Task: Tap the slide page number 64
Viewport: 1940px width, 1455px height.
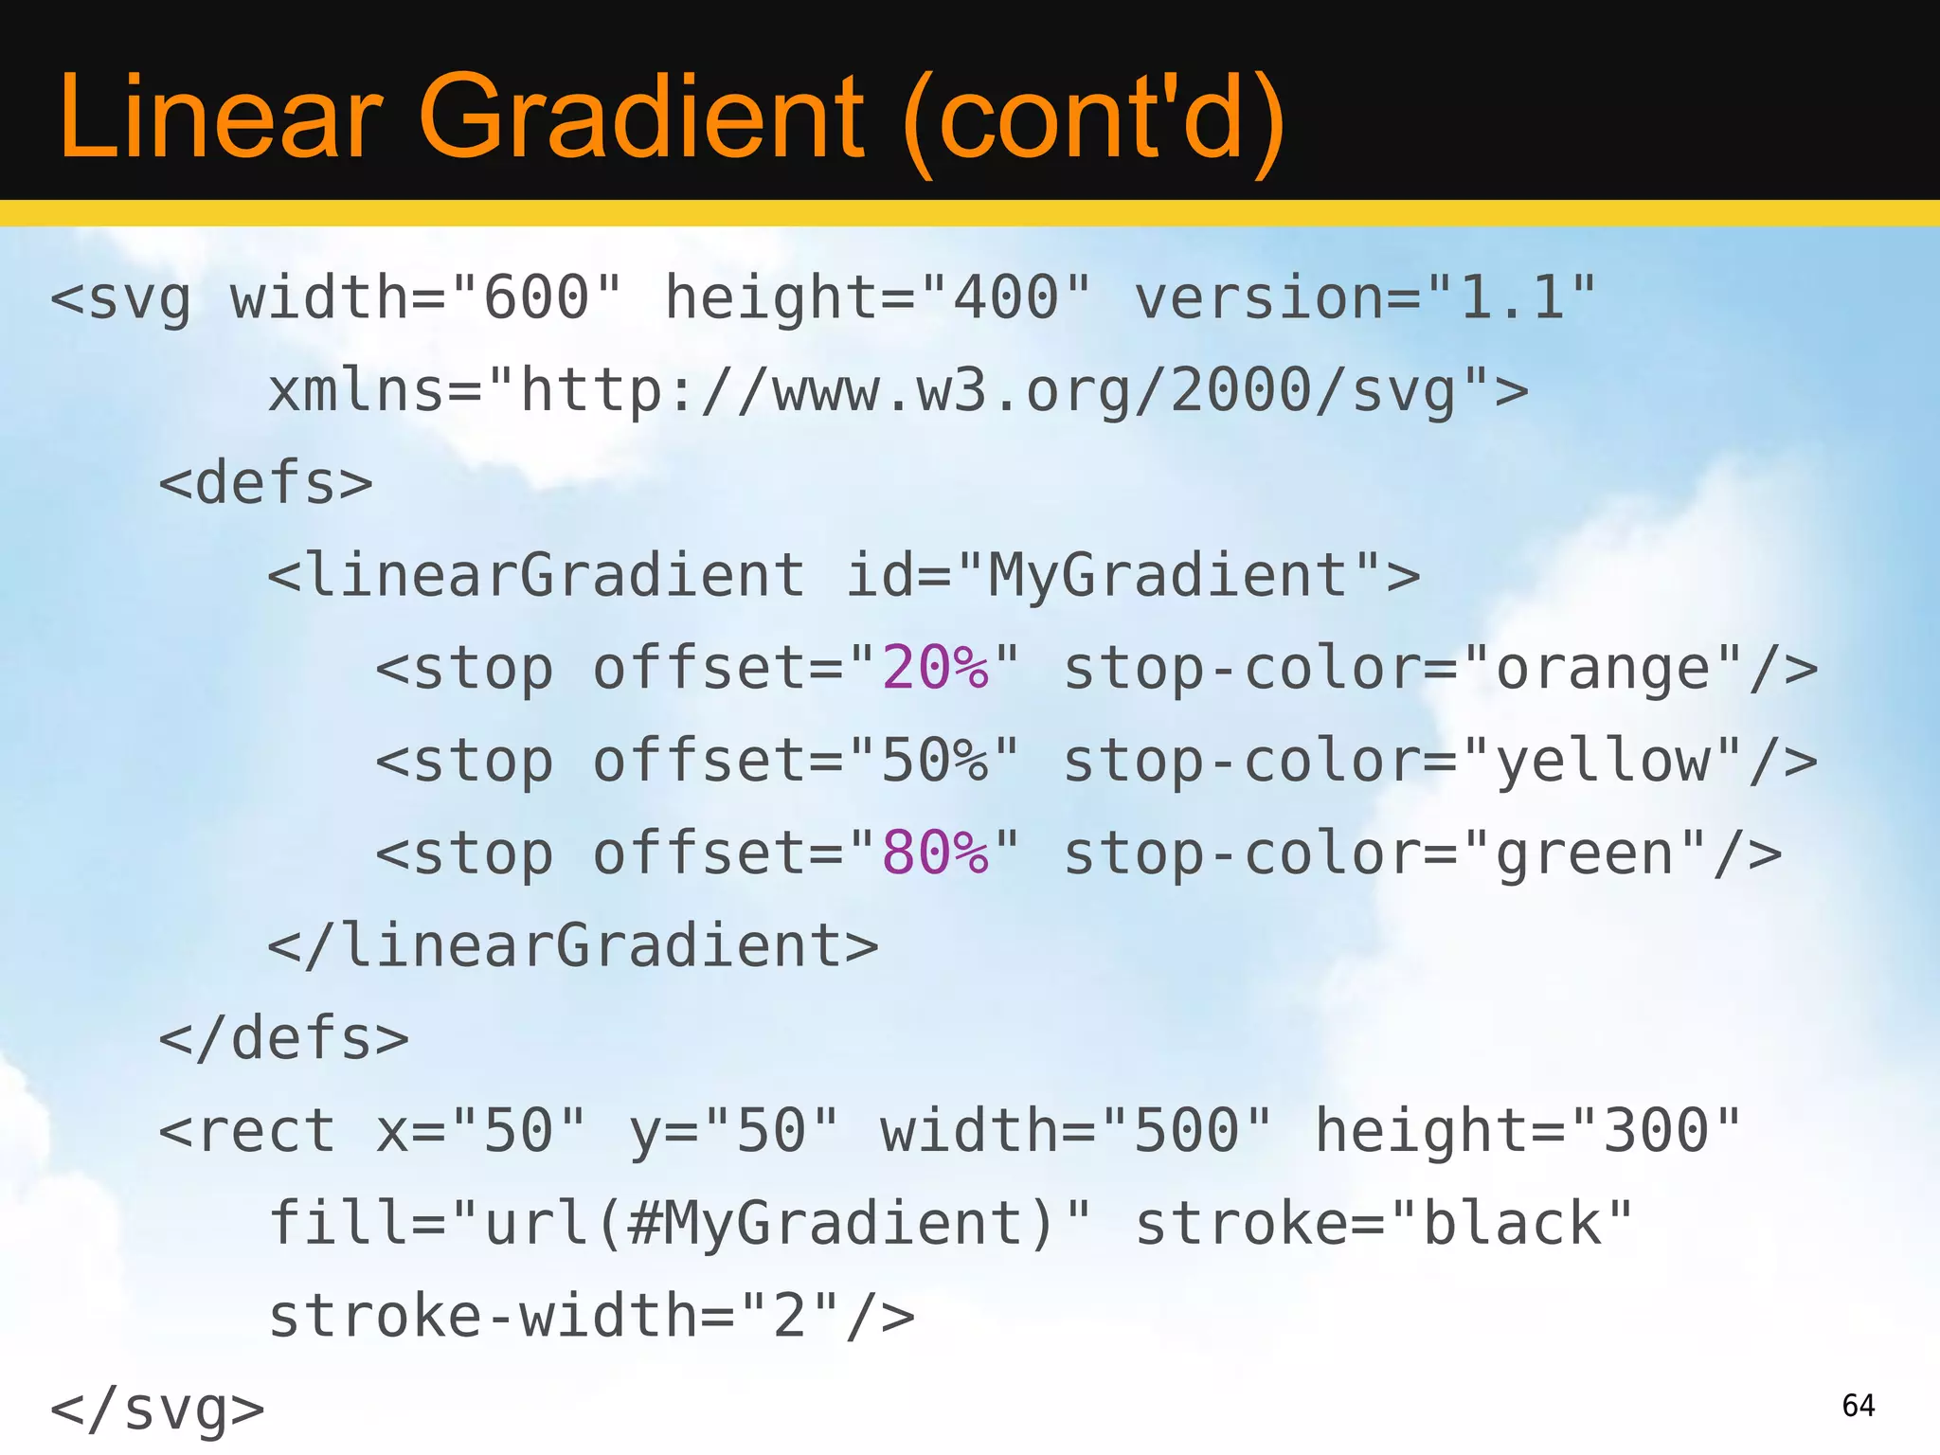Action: (x=1859, y=1405)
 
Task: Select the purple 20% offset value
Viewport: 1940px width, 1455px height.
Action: (x=935, y=669)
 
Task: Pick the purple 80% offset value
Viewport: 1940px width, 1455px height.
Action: (x=935, y=853)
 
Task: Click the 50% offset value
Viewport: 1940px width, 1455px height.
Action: (x=935, y=762)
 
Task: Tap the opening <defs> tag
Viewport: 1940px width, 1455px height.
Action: (x=266, y=483)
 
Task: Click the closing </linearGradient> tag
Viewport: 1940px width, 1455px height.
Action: (x=573, y=946)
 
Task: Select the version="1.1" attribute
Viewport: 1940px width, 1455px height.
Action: (x=1365, y=298)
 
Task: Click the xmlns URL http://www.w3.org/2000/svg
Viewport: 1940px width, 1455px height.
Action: (x=989, y=391)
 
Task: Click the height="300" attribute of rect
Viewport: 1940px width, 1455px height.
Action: (x=1528, y=1132)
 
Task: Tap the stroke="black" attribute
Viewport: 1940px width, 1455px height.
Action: (x=1384, y=1224)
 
